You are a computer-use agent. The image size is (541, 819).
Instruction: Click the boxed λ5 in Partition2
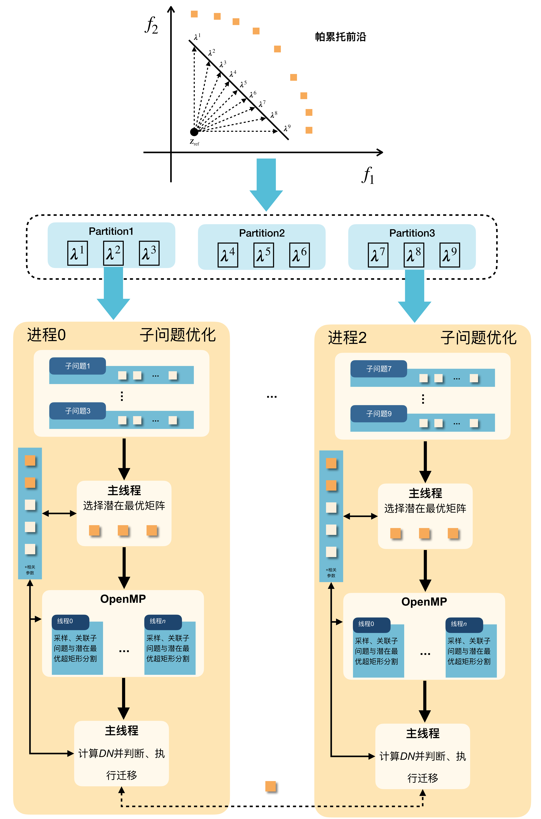coord(263,255)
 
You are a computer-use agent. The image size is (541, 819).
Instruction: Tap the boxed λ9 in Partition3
coord(450,255)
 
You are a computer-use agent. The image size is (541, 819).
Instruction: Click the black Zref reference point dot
coord(194,132)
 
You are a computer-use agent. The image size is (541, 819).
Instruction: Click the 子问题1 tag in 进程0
coord(78,366)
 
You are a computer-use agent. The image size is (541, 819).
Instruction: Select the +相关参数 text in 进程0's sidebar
coord(30,570)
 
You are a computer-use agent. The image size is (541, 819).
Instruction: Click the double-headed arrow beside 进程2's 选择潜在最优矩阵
coord(360,516)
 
